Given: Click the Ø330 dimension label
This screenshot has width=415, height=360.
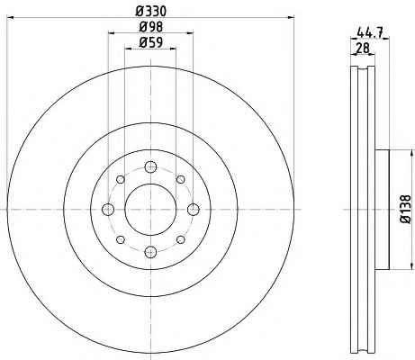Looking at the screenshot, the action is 150,12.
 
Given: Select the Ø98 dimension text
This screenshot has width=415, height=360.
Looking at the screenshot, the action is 150,27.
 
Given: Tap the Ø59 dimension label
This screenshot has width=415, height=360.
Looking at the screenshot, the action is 150,42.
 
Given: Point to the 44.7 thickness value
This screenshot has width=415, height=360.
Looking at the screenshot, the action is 370,32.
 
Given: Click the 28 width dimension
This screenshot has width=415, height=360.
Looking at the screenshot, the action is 363,48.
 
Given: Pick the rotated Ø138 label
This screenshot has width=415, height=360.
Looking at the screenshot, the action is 406,210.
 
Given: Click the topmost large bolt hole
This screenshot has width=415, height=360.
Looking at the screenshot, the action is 150,166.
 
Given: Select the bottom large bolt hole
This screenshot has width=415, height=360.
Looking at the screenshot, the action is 150,252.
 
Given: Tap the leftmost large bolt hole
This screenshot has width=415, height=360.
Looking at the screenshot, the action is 108,209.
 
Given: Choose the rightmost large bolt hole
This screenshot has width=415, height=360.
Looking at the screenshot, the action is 194,209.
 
